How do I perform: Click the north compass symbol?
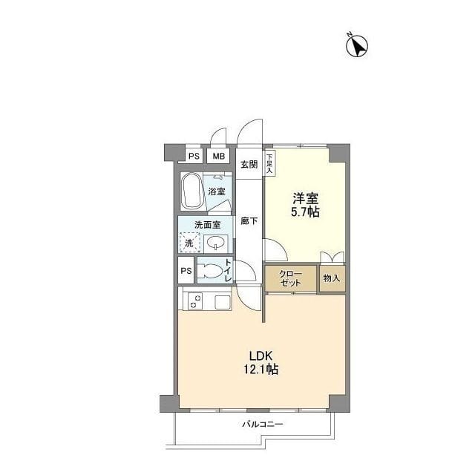357,46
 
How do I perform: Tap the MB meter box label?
218,156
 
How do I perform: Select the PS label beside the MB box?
194,156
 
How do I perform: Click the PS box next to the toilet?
186,270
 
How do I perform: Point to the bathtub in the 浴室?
191,191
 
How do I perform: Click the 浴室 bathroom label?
217,191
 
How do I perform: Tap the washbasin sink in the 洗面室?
215,243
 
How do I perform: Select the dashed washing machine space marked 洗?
190,243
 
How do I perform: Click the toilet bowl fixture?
209,270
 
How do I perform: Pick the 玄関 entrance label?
249,165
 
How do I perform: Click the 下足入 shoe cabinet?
269,163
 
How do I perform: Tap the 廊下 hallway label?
249,221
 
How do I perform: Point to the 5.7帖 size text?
305,212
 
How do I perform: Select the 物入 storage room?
332,278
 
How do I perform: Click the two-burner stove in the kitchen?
194,301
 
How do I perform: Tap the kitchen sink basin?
223,302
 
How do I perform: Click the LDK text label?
261,355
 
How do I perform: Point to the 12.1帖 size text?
261,370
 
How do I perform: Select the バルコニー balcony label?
262,424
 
